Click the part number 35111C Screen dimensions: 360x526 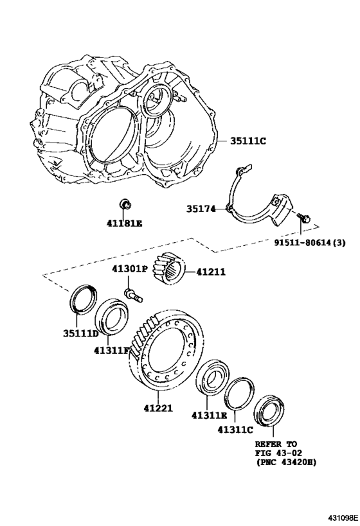(x=248, y=141)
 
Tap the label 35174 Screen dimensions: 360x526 (x=201, y=209)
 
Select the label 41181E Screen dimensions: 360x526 (x=125, y=223)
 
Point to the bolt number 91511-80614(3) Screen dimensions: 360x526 (x=309, y=242)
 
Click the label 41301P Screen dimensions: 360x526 (x=129, y=268)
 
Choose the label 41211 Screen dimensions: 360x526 (x=211, y=272)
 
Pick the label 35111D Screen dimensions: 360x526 (x=81, y=333)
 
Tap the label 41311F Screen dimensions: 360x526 (x=111, y=350)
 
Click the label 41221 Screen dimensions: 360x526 (x=158, y=408)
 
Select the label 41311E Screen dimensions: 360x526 (x=209, y=416)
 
